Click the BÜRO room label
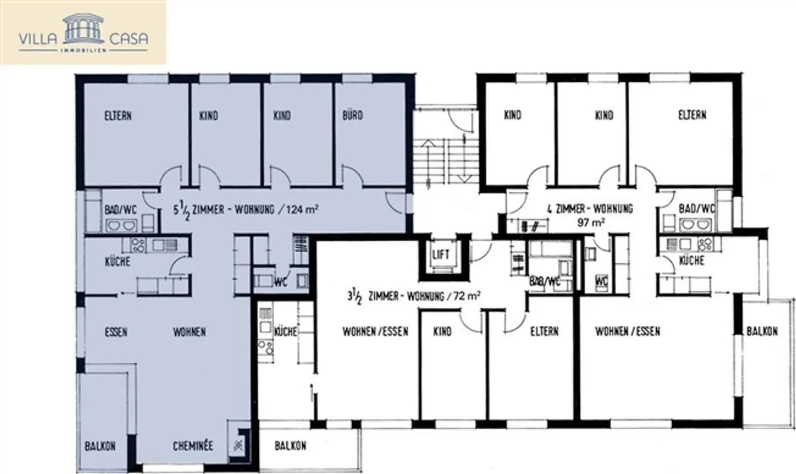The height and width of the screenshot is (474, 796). [x=353, y=115]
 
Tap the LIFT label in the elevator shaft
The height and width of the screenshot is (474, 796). [x=441, y=255]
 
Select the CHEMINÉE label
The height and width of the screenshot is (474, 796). [x=193, y=446]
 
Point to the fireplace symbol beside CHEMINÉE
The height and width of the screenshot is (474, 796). [x=239, y=443]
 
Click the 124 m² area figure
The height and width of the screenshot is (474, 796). [x=301, y=210]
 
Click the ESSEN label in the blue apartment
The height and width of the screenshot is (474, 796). [x=116, y=332]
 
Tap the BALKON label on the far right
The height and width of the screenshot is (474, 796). [x=762, y=331]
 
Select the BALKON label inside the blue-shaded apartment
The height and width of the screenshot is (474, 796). [x=100, y=446]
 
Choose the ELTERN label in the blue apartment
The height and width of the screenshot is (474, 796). [x=118, y=116]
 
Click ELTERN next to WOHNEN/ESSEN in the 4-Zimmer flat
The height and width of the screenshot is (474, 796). [x=544, y=331]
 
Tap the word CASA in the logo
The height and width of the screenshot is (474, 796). [x=128, y=39]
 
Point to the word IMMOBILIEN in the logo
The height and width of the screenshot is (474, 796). [x=83, y=51]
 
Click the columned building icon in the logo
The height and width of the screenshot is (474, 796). [x=83, y=29]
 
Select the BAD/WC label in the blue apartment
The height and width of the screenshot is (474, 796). [x=121, y=210]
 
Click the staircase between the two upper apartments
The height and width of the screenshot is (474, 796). [x=445, y=160]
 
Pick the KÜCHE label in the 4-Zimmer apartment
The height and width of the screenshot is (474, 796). [x=691, y=260]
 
